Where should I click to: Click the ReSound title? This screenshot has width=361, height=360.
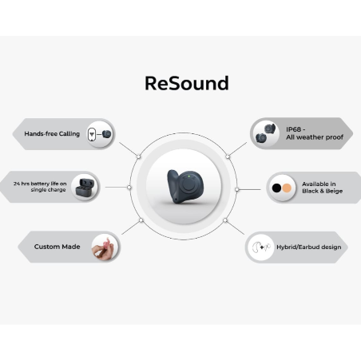click(x=187, y=83)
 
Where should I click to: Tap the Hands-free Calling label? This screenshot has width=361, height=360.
click(x=52, y=134)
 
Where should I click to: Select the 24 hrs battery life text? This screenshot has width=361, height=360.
click(x=40, y=187)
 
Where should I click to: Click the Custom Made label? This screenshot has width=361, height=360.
click(x=57, y=247)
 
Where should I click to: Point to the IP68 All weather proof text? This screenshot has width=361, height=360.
click(x=315, y=133)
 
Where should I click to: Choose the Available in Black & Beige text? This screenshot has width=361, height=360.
click(x=322, y=188)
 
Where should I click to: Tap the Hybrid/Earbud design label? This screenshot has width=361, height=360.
click(x=309, y=247)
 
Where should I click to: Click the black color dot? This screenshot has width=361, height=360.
click(x=276, y=188)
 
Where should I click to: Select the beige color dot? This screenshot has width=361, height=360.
click(x=287, y=188)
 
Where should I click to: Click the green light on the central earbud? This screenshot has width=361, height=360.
click(x=188, y=176)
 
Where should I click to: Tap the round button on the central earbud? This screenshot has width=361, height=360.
click(x=188, y=184)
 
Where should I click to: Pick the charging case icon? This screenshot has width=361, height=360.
click(x=85, y=188)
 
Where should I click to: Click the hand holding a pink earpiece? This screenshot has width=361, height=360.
click(x=104, y=247)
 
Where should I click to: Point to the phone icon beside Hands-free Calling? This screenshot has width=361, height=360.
click(x=92, y=134)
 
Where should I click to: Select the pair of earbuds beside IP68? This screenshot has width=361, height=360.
click(x=265, y=133)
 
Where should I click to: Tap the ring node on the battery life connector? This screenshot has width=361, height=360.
click(x=129, y=188)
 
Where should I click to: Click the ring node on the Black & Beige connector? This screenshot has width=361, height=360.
click(x=237, y=189)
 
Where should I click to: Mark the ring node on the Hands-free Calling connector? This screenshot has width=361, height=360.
click(x=138, y=156)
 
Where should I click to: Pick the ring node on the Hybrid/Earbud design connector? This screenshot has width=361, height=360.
click(x=225, y=220)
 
